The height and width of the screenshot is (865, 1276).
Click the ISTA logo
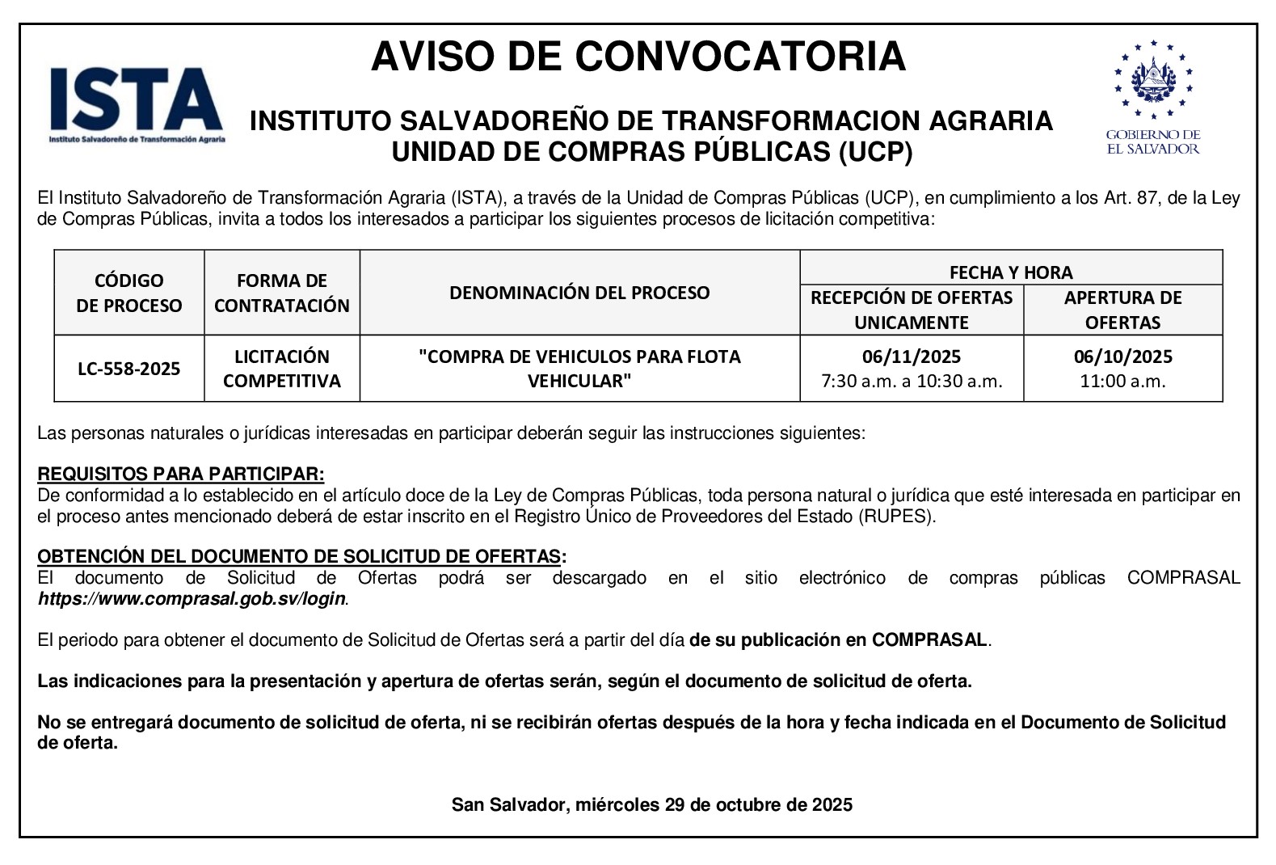click(x=136, y=103)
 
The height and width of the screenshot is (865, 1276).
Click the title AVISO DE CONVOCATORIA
click(x=638, y=57)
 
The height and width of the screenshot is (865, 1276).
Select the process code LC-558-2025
click(x=129, y=369)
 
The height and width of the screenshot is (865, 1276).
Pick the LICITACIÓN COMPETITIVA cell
click(x=281, y=369)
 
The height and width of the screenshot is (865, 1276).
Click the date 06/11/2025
click(x=911, y=357)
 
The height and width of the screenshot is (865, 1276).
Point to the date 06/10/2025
click(x=1122, y=357)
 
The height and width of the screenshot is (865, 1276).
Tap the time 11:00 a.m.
click(x=1122, y=382)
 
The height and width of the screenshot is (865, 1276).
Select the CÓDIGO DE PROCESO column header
click(x=129, y=293)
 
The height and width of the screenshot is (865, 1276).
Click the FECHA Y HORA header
click(x=1010, y=272)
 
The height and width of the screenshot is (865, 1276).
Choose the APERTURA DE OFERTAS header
click(x=1122, y=310)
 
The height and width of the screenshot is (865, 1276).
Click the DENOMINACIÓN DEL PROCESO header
click(x=579, y=293)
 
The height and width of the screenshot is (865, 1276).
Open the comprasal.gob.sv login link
click(x=192, y=600)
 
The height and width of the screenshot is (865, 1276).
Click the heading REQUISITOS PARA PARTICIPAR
click(x=181, y=474)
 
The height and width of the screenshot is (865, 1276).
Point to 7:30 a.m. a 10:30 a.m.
click(x=911, y=382)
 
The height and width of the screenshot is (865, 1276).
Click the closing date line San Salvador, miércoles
click(x=651, y=805)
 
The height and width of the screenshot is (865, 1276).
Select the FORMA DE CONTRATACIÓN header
click(x=281, y=293)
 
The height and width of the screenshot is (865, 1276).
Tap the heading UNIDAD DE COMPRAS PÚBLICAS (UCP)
click(x=651, y=152)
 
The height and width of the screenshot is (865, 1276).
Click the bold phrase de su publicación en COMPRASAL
click(x=838, y=640)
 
